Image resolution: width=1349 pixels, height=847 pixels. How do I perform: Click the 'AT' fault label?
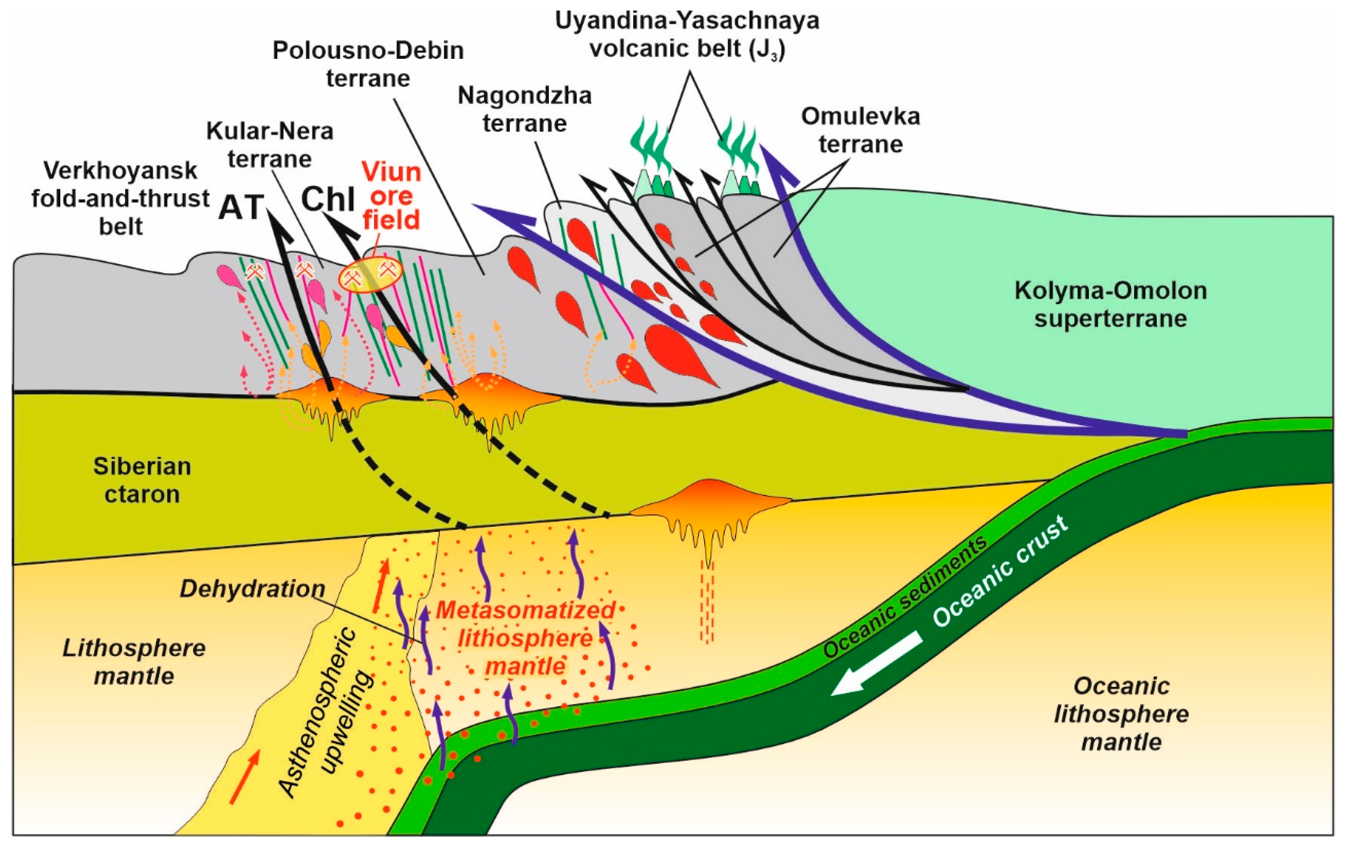click(x=241, y=207)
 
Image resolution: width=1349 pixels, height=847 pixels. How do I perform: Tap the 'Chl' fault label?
click(x=328, y=199)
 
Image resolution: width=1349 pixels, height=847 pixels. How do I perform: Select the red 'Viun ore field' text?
click(x=391, y=196)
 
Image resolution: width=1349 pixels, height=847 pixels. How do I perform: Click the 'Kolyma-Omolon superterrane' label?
click(x=1110, y=304)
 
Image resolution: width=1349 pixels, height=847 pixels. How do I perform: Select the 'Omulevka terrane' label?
click(x=861, y=130)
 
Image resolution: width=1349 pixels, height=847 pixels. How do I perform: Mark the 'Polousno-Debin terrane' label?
click(x=368, y=64)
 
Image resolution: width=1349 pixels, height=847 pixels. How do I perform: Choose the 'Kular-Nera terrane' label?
click(x=269, y=145)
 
